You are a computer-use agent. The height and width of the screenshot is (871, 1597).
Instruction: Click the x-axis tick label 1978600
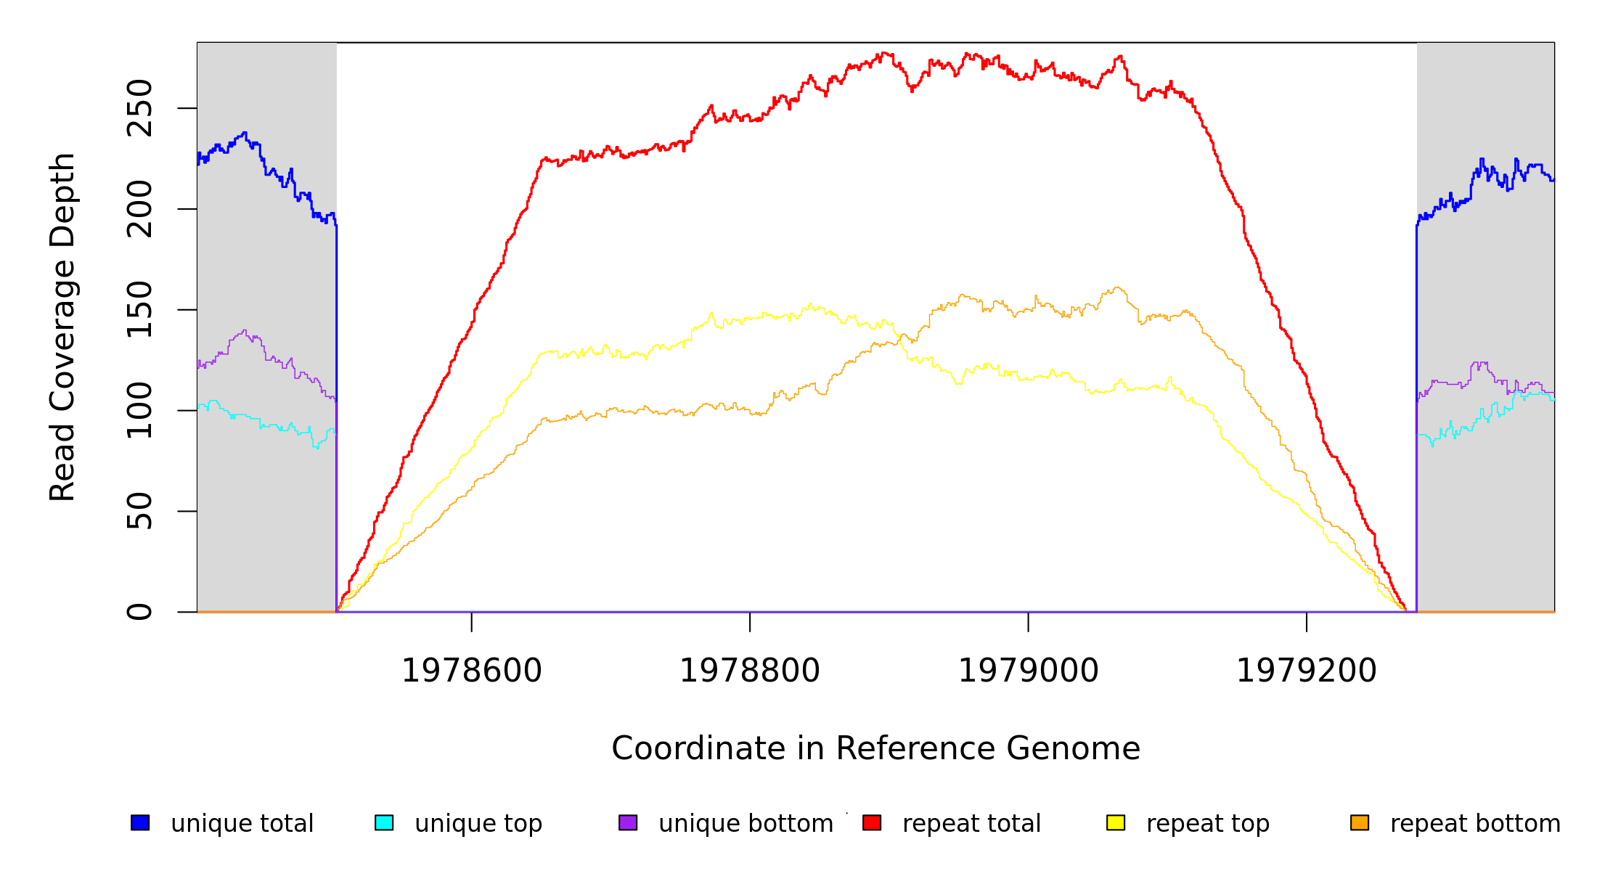(x=472, y=671)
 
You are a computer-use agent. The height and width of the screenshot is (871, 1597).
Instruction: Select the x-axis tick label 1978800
(x=750, y=671)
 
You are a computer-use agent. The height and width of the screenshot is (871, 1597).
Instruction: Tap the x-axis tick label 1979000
(x=1029, y=671)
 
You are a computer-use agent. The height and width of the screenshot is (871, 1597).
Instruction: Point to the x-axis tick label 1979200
(x=1307, y=671)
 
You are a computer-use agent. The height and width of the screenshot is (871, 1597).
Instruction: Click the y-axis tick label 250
(x=140, y=108)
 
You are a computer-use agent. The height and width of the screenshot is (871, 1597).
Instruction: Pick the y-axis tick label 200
(x=140, y=209)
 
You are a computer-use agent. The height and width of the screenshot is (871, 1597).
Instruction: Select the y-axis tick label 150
(x=140, y=310)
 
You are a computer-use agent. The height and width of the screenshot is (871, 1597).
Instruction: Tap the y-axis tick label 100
(x=140, y=411)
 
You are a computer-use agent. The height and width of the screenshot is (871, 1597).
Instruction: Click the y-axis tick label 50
(x=140, y=511)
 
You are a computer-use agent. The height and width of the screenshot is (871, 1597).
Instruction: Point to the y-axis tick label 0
(x=140, y=612)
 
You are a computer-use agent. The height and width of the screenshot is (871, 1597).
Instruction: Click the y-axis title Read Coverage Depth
(x=62, y=327)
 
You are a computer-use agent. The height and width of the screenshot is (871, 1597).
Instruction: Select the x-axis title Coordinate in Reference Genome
(x=875, y=749)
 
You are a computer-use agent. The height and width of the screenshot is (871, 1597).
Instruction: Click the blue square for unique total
(x=140, y=822)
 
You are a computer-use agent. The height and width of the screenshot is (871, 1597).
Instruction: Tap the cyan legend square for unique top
(x=384, y=822)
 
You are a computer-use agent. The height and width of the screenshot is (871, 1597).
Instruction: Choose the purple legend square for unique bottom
(x=628, y=822)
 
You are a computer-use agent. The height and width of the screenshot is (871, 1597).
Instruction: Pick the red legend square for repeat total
(x=872, y=822)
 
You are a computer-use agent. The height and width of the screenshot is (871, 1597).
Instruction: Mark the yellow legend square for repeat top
(x=1116, y=822)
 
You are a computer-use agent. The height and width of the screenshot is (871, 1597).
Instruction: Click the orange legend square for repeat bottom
(x=1360, y=822)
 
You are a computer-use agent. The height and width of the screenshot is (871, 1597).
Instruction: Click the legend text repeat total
(x=971, y=824)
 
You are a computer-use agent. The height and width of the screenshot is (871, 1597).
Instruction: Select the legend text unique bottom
(x=746, y=824)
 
